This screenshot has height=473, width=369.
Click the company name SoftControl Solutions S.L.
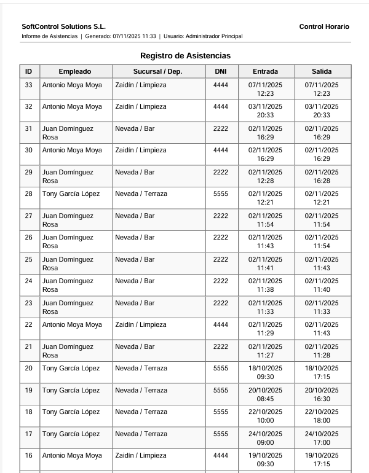coord(63,26)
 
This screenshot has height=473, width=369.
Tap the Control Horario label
coord(324,26)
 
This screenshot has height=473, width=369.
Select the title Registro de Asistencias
coord(185,55)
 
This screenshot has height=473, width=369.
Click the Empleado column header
coord(75,71)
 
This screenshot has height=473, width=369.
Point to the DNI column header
coord(220,71)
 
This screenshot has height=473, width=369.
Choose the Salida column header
coord(322,71)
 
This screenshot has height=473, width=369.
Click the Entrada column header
coord(265,71)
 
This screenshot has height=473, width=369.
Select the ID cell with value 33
coord(29,85)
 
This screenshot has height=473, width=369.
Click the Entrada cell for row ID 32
coord(265,111)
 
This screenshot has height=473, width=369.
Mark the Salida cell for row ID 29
coord(322,176)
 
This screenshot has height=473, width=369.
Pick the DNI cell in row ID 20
coord(220,369)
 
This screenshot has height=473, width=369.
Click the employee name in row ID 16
coord(72,456)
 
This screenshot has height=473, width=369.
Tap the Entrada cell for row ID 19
coord(265,394)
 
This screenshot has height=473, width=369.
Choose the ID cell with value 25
coord(29,259)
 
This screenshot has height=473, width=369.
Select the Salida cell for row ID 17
coord(322,438)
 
